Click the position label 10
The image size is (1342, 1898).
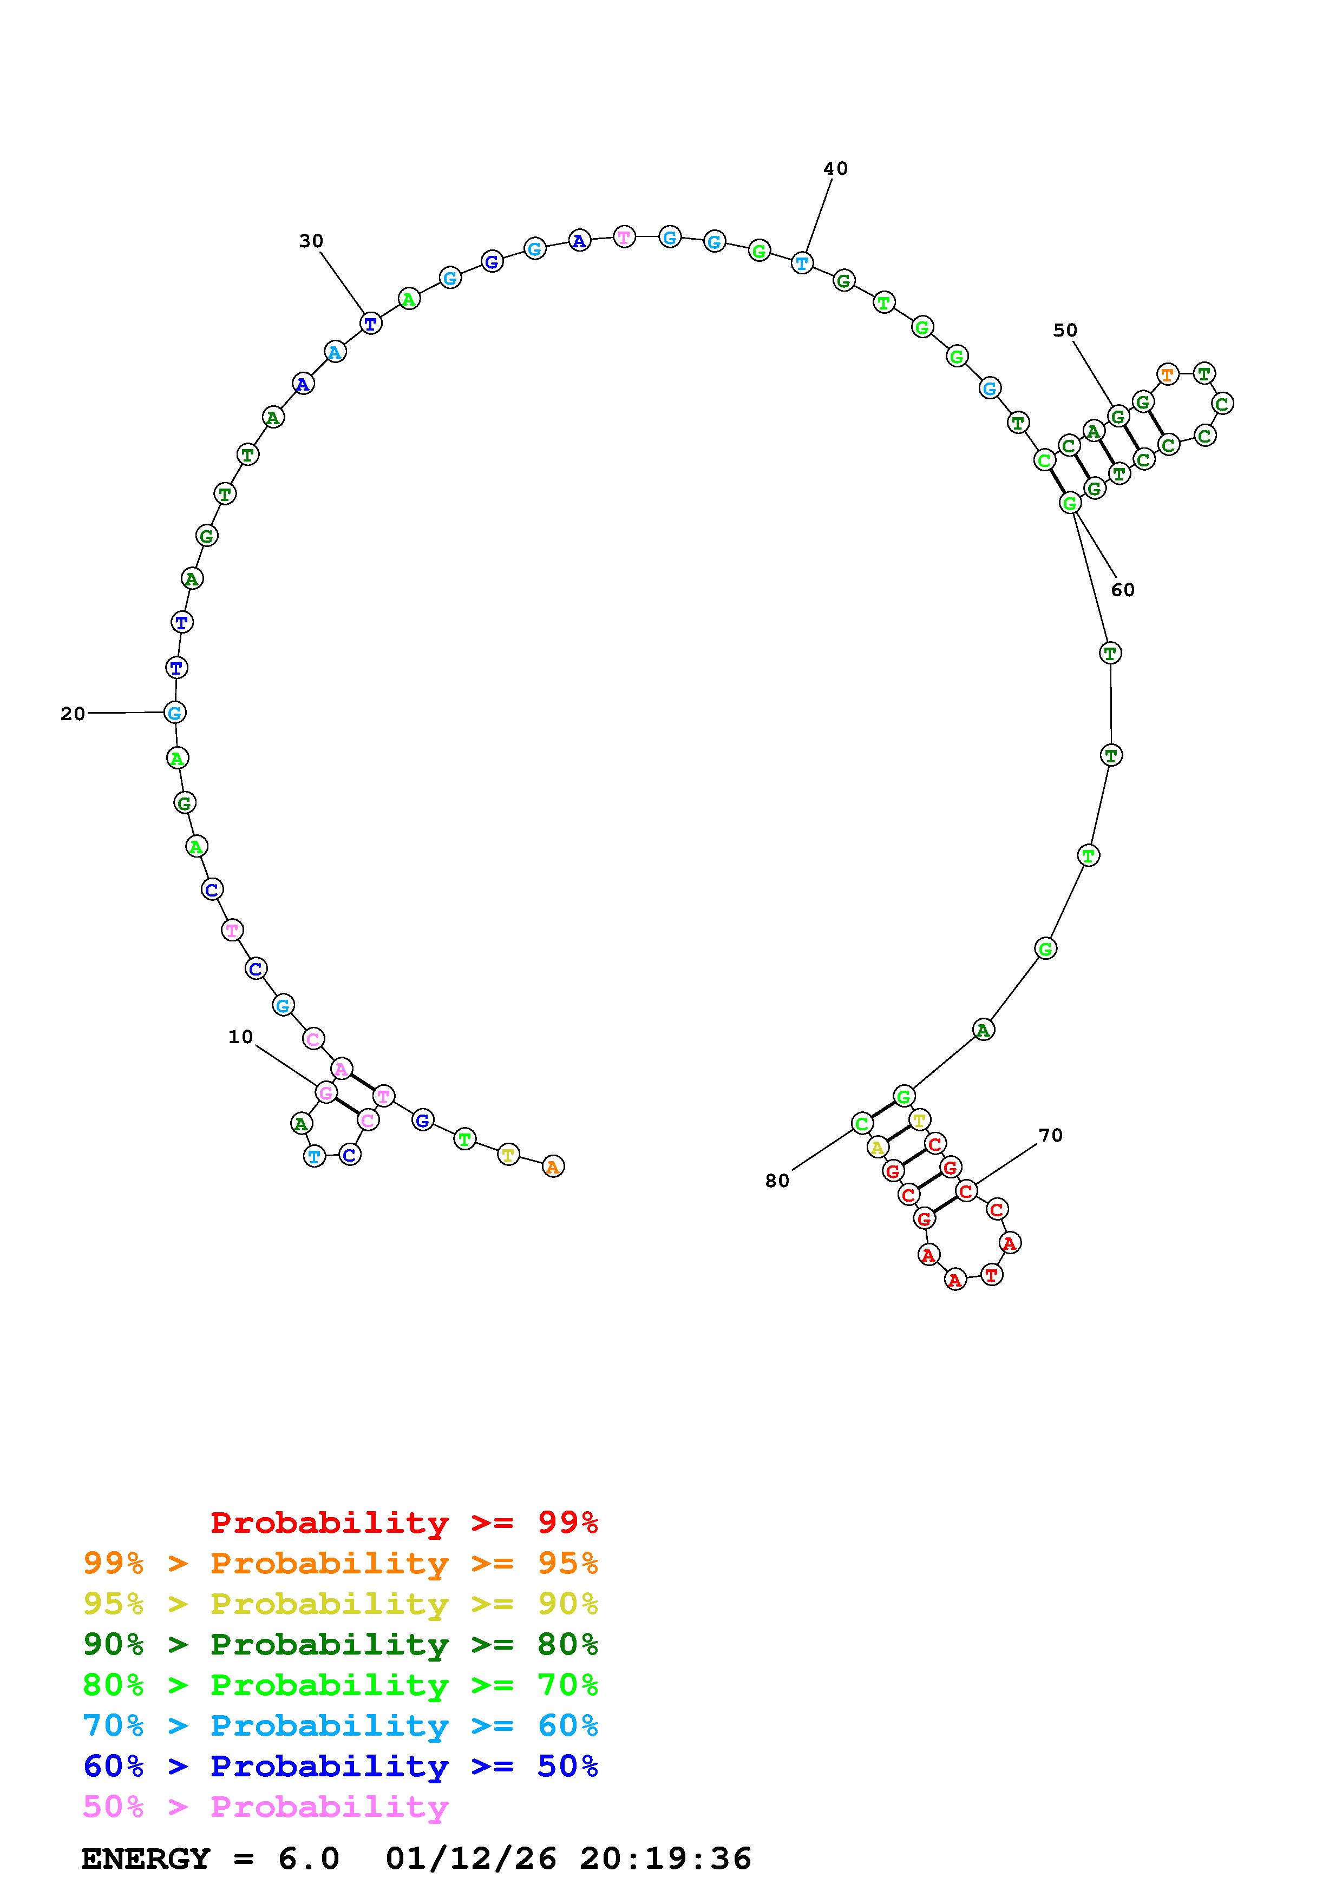tap(240, 1037)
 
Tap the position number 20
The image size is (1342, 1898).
tap(73, 714)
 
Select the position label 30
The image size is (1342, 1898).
tap(311, 241)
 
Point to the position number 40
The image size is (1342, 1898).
tap(835, 169)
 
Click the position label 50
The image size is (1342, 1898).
tap(1065, 330)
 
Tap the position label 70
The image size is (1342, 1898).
tap(1050, 1135)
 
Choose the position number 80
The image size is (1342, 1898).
tap(777, 1181)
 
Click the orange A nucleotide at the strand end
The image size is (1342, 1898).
tap(553, 1167)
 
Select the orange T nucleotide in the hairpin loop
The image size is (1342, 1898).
tap(1167, 374)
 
